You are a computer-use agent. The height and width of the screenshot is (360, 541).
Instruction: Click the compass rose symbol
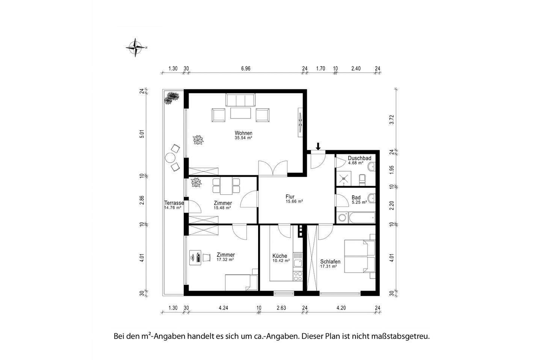136,48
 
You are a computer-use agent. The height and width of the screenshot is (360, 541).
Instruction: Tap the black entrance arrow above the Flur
318,146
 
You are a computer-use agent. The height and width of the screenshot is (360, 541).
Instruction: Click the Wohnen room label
243,133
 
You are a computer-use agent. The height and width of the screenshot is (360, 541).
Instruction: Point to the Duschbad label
359,158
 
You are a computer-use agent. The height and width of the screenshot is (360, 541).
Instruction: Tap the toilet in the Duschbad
362,179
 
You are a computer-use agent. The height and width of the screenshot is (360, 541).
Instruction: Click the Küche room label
280,256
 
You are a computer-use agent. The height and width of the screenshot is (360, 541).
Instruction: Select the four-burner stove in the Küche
298,276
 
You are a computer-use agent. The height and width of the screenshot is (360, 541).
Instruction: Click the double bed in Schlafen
360,257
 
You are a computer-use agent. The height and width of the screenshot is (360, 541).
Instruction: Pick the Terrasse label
174,203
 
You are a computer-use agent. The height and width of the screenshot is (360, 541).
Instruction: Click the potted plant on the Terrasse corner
171,98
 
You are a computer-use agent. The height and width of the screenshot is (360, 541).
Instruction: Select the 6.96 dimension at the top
245,69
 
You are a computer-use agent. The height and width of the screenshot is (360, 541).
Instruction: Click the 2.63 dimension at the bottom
281,308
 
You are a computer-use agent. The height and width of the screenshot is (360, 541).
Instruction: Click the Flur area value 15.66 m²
294,201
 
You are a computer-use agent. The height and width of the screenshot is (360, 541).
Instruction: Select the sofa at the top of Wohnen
240,100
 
